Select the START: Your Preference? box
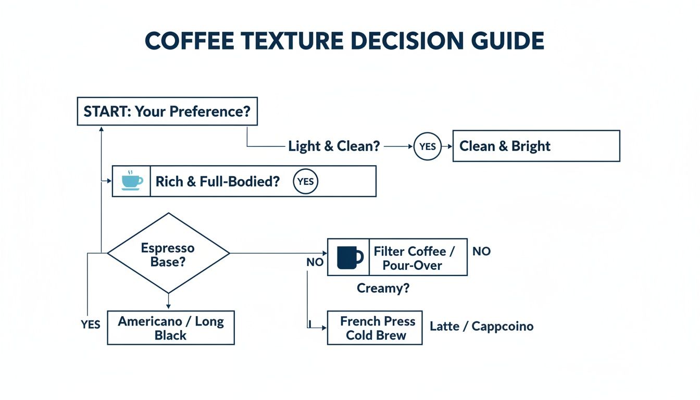point(167,111)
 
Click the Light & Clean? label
point(334,146)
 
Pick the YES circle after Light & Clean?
point(427,147)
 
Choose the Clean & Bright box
point(536,146)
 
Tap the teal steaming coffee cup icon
point(131,180)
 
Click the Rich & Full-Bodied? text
point(217,181)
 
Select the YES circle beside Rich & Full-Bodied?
point(305,181)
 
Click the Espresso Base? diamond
point(168,254)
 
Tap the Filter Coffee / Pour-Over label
point(414,258)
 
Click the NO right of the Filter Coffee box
point(481,252)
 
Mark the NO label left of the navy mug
point(315,262)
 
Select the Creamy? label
point(383,288)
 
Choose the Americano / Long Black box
point(171,328)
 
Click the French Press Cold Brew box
point(375,328)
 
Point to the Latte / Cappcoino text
point(481,327)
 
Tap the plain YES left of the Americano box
point(90,324)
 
